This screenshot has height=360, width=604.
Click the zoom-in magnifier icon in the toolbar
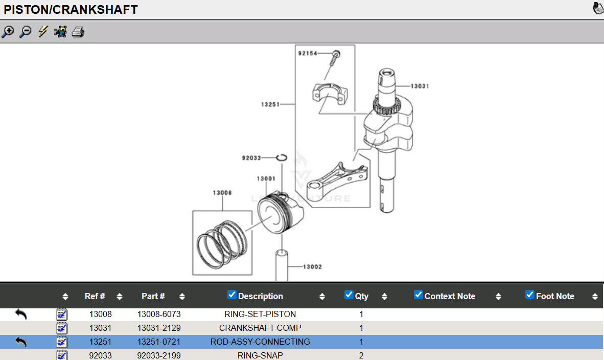click(x=8, y=32)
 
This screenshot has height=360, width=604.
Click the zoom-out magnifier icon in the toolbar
click(x=26, y=32)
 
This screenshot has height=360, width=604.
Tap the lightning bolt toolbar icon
click(x=43, y=31)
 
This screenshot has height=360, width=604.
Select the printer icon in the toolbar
click(x=78, y=32)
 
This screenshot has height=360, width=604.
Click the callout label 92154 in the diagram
click(x=308, y=53)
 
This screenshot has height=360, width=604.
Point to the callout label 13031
click(x=420, y=86)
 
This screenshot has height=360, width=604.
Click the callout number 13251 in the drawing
click(x=270, y=104)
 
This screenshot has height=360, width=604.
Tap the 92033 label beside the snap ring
click(x=251, y=157)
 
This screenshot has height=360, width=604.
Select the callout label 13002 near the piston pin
click(x=312, y=266)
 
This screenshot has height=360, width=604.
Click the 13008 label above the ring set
click(x=222, y=192)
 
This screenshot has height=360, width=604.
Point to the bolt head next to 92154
click(x=336, y=53)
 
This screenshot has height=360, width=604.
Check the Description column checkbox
click(x=232, y=295)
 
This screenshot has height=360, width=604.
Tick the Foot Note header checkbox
click(x=530, y=295)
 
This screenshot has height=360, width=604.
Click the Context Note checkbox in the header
click(x=419, y=295)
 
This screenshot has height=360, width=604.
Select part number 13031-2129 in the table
click(x=159, y=328)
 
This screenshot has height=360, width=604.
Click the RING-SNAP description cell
click(x=261, y=355)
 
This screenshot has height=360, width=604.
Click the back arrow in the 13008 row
click(x=21, y=314)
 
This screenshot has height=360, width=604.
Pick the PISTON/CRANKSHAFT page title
click(x=71, y=9)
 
